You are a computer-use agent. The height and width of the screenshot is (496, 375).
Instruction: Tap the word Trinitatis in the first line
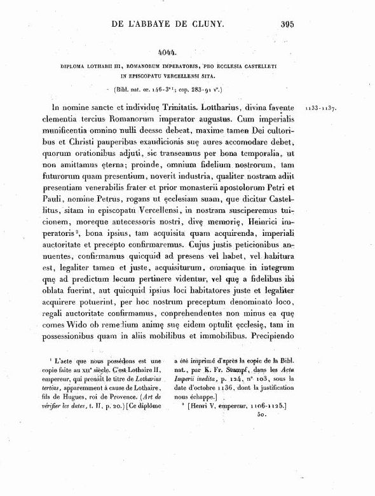pyautogui.click(x=179, y=107)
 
